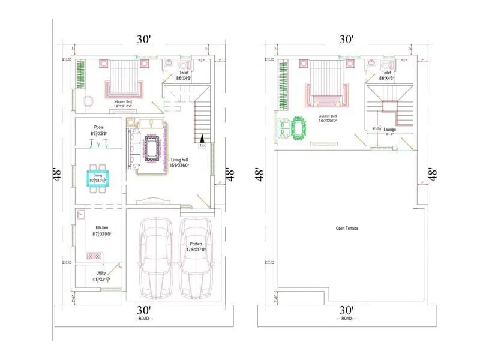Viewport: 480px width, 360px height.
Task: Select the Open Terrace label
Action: click(x=347, y=229)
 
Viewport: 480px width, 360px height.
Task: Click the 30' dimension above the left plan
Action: click(x=143, y=40)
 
